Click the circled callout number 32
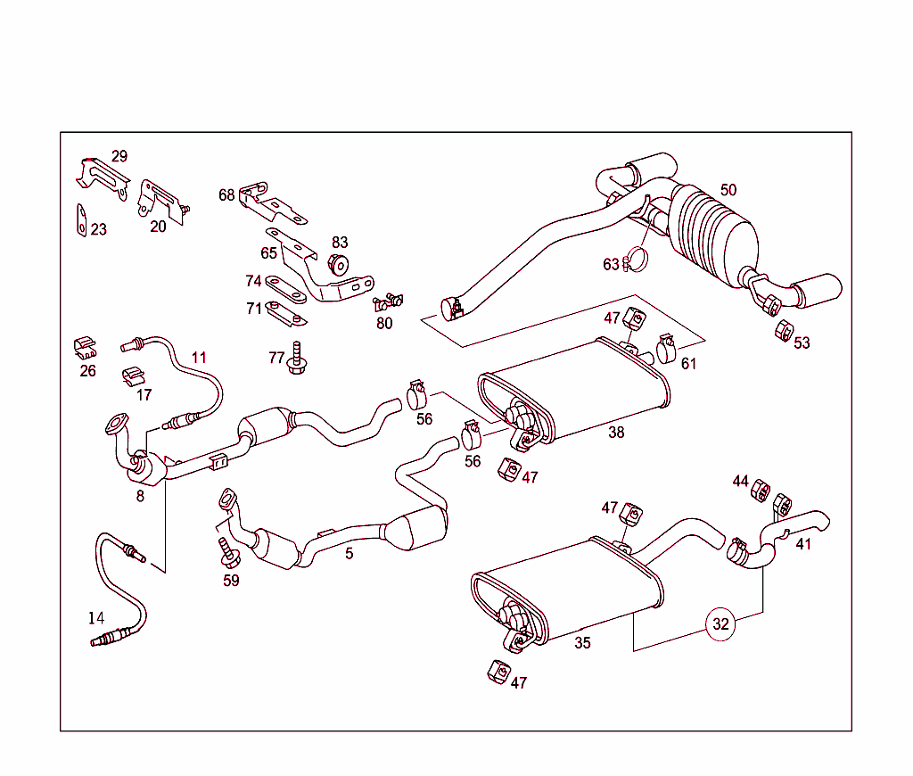[720, 624]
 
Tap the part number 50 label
[728, 190]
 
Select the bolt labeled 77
[297, 360]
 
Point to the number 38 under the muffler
[616, 433]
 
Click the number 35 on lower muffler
[582, 642]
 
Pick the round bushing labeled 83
[338, 264]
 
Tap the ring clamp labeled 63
[636, 260]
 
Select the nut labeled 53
[781, 330]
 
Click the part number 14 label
[96, 617]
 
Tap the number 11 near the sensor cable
[198, 358]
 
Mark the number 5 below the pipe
[350, 554]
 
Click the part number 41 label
[803, 543]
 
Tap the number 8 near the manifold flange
[140, 496]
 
